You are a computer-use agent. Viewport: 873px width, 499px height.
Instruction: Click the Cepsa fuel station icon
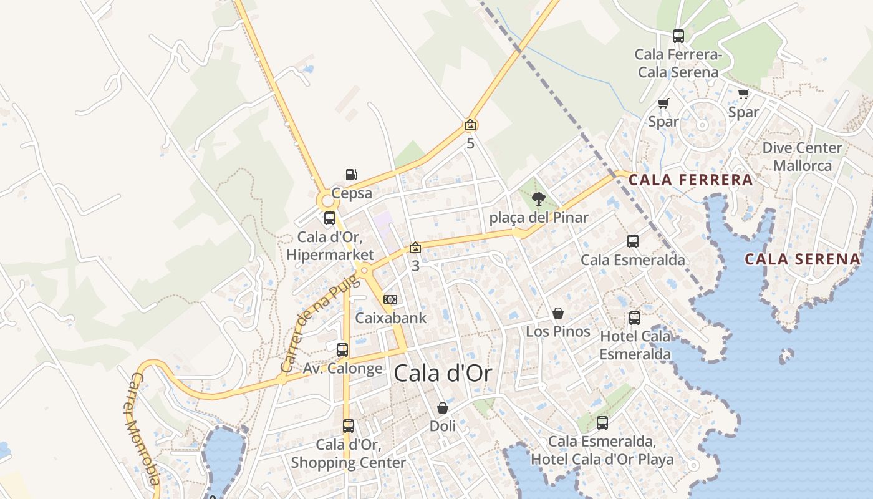pyautogui.click(x=352, y=175)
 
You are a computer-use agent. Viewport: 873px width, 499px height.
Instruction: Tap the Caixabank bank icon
pyautogui.click(x=390, y=300)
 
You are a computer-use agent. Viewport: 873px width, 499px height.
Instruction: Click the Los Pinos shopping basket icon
pyautogui.click(x=558, y=313)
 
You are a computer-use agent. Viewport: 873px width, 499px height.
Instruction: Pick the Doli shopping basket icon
pyautogui.click(x=443, y=409)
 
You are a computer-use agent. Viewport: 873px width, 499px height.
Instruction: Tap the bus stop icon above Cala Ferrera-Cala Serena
pyautogui.click(x=678, y=36)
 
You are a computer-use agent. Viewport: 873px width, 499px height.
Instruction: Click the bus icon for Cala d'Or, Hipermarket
pyautogui.click(x=330, y=218)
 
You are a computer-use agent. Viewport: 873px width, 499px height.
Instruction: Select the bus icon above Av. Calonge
pyautogui.click(x=342, y=350)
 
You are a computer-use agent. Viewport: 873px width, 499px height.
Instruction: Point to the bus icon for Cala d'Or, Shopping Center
pyautogui.click(x=349, y=426)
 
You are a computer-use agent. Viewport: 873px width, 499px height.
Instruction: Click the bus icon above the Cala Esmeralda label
pyautogui.click(x=633, y=241)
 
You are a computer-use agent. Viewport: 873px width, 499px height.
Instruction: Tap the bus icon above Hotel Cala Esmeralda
pyautogui.click(x=635, y=318)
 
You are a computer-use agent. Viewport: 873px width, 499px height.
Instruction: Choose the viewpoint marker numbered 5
pyautogui.click(x=470, y=125)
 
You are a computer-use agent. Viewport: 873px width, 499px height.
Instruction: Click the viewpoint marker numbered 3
pyautogui.click(x=415, y=248)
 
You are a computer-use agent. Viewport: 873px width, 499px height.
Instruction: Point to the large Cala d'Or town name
pyautogui.click(x=443, y=374)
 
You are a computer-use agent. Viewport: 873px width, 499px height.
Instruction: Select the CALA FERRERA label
pyautogui.click(x=690, y=180)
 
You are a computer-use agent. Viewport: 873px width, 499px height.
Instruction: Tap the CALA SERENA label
pyautogui.click(x=803, y=259)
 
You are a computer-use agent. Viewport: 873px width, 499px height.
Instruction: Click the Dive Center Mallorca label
pyautogui.click(x=803, y=157)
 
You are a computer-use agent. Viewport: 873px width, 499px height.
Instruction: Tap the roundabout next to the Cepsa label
pyautogui.click(x=326, y=201)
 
